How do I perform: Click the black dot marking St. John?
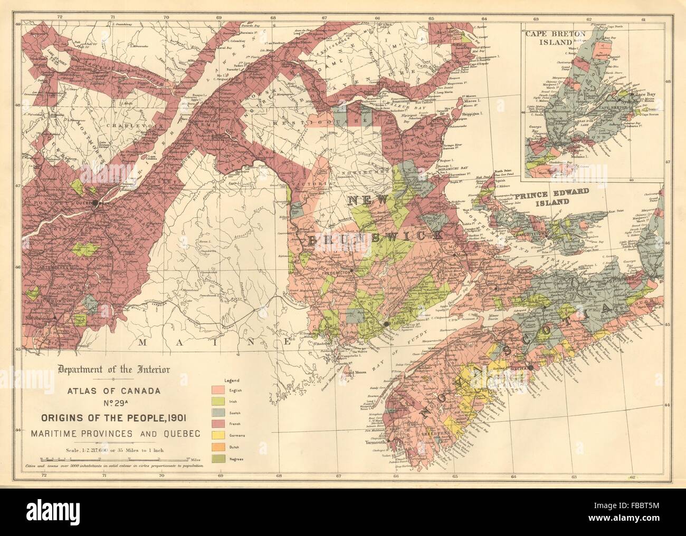coord(387,323)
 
